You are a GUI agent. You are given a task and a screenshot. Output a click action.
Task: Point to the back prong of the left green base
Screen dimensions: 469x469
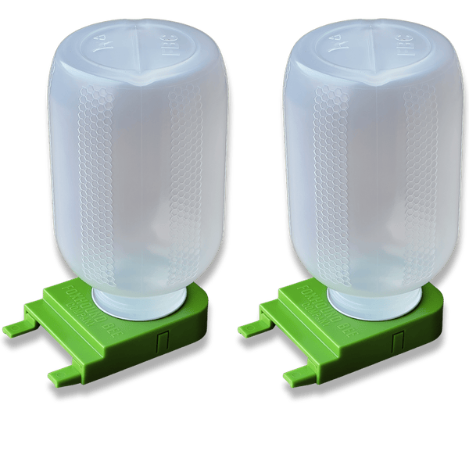click(x=17, y=327)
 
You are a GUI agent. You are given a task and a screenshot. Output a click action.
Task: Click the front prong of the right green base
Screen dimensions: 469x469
click(x=299, y=376)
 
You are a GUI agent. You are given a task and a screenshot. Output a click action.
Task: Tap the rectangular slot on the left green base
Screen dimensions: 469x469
click(x=163, y=342)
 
